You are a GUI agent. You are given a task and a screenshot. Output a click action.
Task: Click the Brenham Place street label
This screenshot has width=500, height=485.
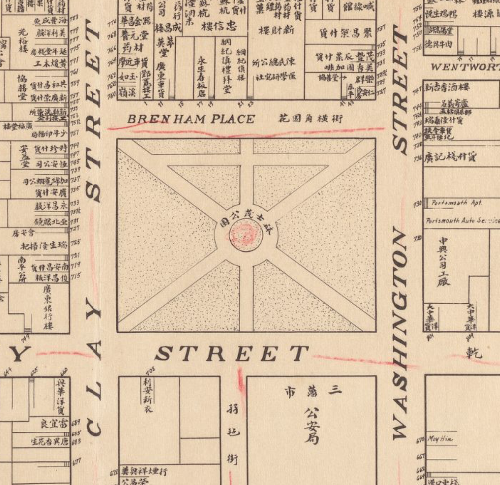click(191, 119)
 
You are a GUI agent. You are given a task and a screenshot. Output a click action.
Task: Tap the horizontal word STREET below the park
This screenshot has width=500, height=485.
click(232, 353)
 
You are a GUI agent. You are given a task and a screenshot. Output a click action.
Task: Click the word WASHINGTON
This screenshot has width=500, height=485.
click(401, 333)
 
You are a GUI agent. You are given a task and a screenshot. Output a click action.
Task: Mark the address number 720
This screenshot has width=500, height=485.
click(418, 239)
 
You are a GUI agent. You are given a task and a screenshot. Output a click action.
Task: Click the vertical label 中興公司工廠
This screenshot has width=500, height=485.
click(444, 261)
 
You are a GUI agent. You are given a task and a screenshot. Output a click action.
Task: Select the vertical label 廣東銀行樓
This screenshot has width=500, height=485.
click(47, 307)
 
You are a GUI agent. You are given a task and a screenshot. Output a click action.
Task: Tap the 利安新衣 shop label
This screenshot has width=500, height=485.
click(148, 395)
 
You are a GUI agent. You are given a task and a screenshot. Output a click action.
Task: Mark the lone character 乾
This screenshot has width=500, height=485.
click(474, 352)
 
